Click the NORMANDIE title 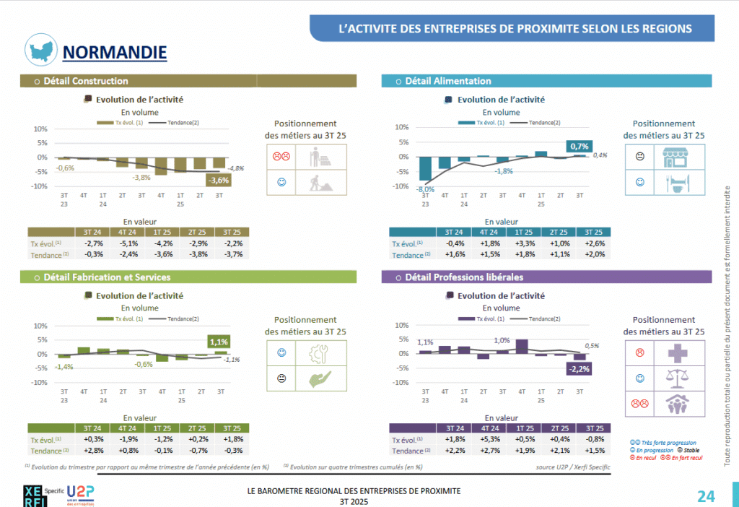click(115, 52)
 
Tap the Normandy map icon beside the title click(41, 48)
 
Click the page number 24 click(706, 496)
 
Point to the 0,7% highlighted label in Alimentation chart click(580, 147)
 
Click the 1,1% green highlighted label click(219, 342)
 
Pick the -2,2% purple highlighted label click(579, 369)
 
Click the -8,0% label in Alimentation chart click(424, 189)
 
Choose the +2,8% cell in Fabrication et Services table click(91, 450)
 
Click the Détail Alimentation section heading click(448, 81)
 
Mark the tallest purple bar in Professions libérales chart click(522, 346)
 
